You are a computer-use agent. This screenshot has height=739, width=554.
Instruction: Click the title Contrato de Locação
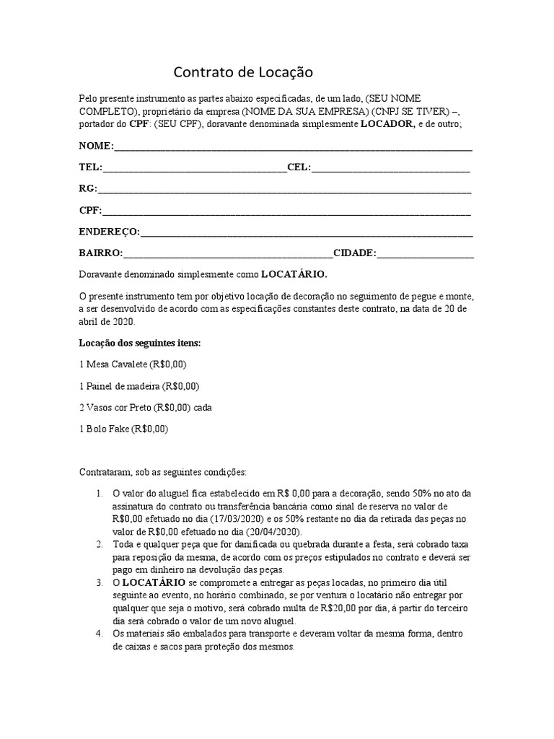(x=243, y=73)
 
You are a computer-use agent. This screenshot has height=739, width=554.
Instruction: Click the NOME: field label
(x=96, y=147)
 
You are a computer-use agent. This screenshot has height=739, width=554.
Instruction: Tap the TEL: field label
(x=91, y=167)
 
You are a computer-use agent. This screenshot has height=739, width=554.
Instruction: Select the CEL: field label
(x=299, y=167)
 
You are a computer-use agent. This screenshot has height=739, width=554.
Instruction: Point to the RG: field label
(x=87, y=189)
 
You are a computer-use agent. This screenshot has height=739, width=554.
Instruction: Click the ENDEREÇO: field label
(x=110, y=232)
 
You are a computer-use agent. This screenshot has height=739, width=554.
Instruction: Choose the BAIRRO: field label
(x=101, y=253)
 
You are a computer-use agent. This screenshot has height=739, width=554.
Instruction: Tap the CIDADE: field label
(x=354, y=253)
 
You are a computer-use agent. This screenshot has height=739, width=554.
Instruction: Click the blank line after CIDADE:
(x=425, y=255)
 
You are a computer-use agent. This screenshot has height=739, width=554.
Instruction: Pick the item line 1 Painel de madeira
(x=138, y=385)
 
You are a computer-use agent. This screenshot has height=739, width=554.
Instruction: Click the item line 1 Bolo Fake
(x=123, y=429)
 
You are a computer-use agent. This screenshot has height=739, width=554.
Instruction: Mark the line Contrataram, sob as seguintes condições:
(x=162, y=472)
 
